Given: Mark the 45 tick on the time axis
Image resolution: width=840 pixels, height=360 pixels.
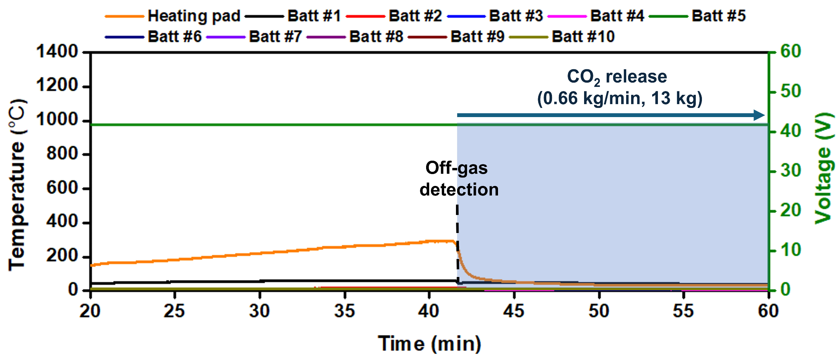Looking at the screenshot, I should point(514,311).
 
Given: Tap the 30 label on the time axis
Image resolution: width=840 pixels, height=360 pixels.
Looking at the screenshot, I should point(260,311).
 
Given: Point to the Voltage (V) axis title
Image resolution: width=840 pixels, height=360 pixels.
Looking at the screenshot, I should point(824,168).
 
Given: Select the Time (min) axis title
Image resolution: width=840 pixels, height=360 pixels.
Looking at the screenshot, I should point(429,343).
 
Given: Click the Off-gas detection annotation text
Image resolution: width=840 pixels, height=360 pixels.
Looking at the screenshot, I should point(458,179).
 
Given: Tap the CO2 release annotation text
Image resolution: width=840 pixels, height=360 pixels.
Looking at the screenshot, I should point(617,77).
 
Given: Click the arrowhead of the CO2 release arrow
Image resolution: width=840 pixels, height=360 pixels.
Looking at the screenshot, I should point(759,115).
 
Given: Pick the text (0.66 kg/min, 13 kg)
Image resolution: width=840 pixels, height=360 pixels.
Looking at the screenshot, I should point(620,98).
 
